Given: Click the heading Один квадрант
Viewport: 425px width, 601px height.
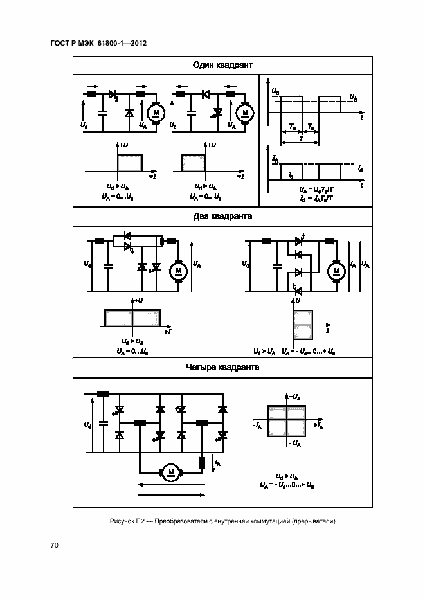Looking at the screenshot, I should [x=222, y=66].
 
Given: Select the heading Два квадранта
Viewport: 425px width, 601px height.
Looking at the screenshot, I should [x=222, y=217].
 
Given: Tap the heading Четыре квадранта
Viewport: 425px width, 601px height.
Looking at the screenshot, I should [x=222, y=368].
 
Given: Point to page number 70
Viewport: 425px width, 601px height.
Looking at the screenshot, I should [x=55, y=545].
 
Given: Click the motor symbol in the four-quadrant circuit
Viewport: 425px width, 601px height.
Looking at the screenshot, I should [x=171, y=473].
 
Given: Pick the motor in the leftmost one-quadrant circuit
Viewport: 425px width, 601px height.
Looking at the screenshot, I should [x=156, y=113].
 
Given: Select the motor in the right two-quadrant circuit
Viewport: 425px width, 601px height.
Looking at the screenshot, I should [x=336, y=271].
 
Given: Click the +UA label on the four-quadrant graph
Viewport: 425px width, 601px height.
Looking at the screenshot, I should [x=296, y=397].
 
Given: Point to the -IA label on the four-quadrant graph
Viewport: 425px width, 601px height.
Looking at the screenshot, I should [x=257, y=426].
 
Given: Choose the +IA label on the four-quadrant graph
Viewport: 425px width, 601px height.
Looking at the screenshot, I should [x=318, y=426].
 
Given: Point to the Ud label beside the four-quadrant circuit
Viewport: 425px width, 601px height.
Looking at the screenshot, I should [x=87, y=425].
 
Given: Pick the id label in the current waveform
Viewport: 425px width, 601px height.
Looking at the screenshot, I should [x=291, y=175].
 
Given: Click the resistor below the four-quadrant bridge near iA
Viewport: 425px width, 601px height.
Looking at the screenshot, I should [x=203, y=462].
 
